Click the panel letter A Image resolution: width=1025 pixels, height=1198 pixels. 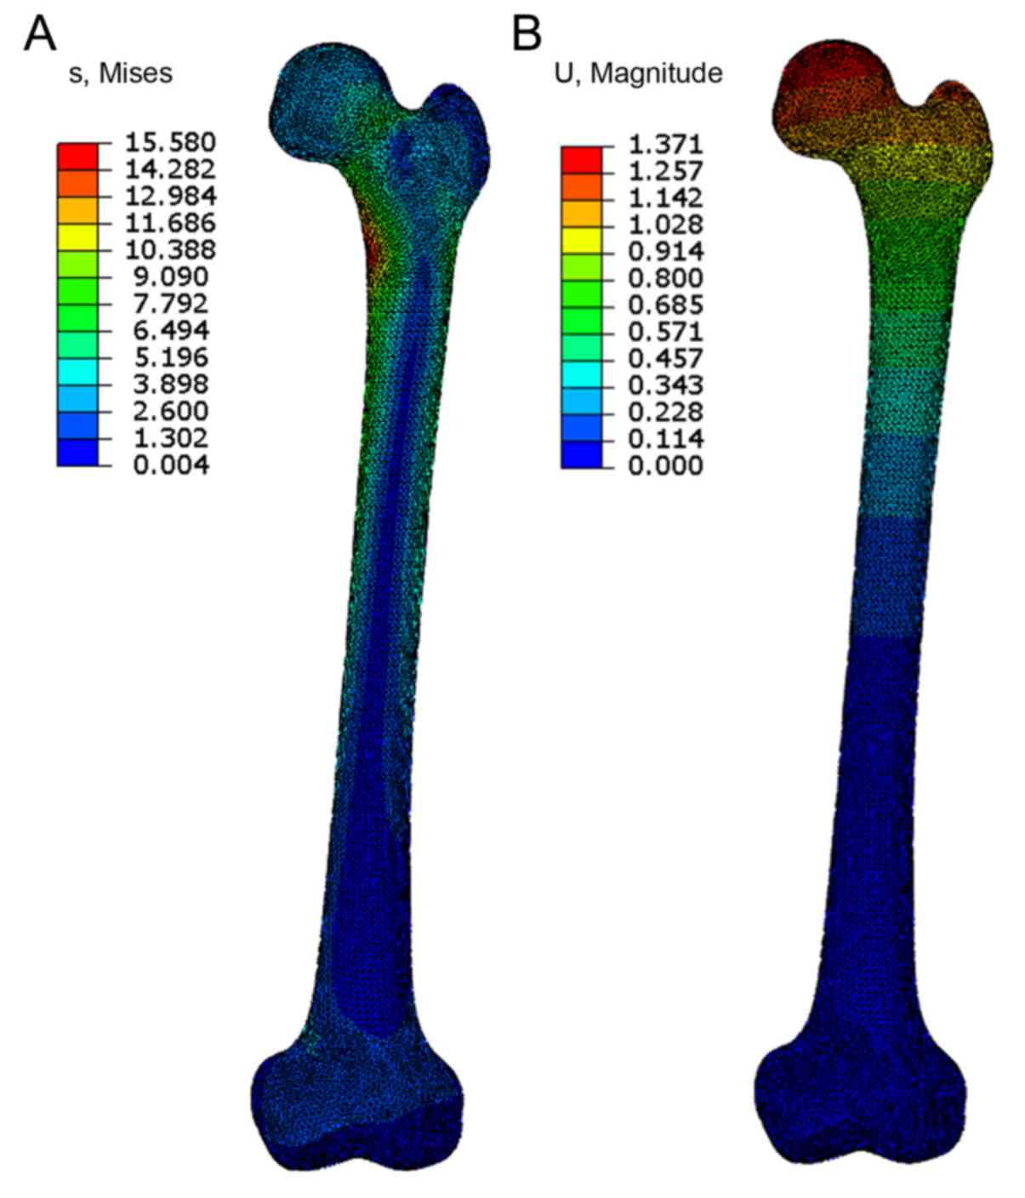40,34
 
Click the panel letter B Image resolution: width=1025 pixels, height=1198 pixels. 527,34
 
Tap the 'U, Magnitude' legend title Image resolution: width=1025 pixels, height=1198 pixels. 639,74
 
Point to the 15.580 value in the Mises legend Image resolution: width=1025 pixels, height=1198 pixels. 170,142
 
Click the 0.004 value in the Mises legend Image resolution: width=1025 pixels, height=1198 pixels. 171,465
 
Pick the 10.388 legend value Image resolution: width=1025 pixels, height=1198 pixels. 170,250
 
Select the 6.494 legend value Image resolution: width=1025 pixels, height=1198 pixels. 171,330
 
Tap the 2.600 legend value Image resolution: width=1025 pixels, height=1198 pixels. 171,411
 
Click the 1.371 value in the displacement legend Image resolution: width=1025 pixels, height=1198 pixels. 666,145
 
